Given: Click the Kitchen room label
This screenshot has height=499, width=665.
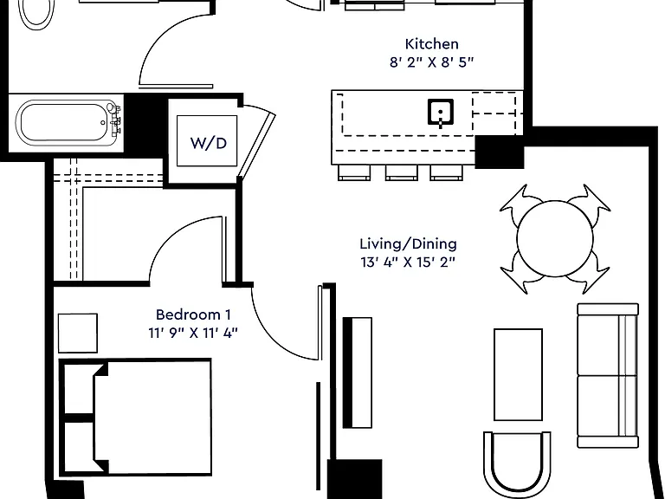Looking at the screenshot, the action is [432, 43].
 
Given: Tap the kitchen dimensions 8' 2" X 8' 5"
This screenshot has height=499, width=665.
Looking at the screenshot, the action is [431, 62].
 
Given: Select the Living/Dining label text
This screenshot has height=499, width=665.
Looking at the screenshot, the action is [409, 244].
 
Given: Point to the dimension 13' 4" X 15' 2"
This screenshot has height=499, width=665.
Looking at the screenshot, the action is [408, 262].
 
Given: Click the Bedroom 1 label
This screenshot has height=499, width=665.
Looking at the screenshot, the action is [193, 314].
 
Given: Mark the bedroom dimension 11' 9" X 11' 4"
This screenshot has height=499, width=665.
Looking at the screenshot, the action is [193, 333].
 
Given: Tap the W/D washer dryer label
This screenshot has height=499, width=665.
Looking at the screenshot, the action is [209, 143].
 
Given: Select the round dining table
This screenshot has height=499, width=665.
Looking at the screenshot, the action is [555, 239].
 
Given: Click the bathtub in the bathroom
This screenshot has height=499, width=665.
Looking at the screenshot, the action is [67, 123].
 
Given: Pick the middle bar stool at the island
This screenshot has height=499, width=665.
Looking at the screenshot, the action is [401, 172].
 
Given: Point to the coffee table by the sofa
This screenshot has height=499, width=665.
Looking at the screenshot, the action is [518, 374].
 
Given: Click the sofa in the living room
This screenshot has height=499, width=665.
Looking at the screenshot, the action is [608, 375].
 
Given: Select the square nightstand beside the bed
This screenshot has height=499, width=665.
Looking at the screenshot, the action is [78, 333].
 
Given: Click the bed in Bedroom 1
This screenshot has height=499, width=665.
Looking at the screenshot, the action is [135, 417].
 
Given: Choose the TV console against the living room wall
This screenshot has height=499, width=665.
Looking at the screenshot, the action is [357, 373].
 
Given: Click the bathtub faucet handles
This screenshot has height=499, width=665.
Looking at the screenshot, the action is [115, 120].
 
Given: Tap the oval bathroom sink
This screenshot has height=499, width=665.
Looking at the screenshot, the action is [37, 13].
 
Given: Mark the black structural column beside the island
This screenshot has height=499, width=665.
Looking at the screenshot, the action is [500, 152].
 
